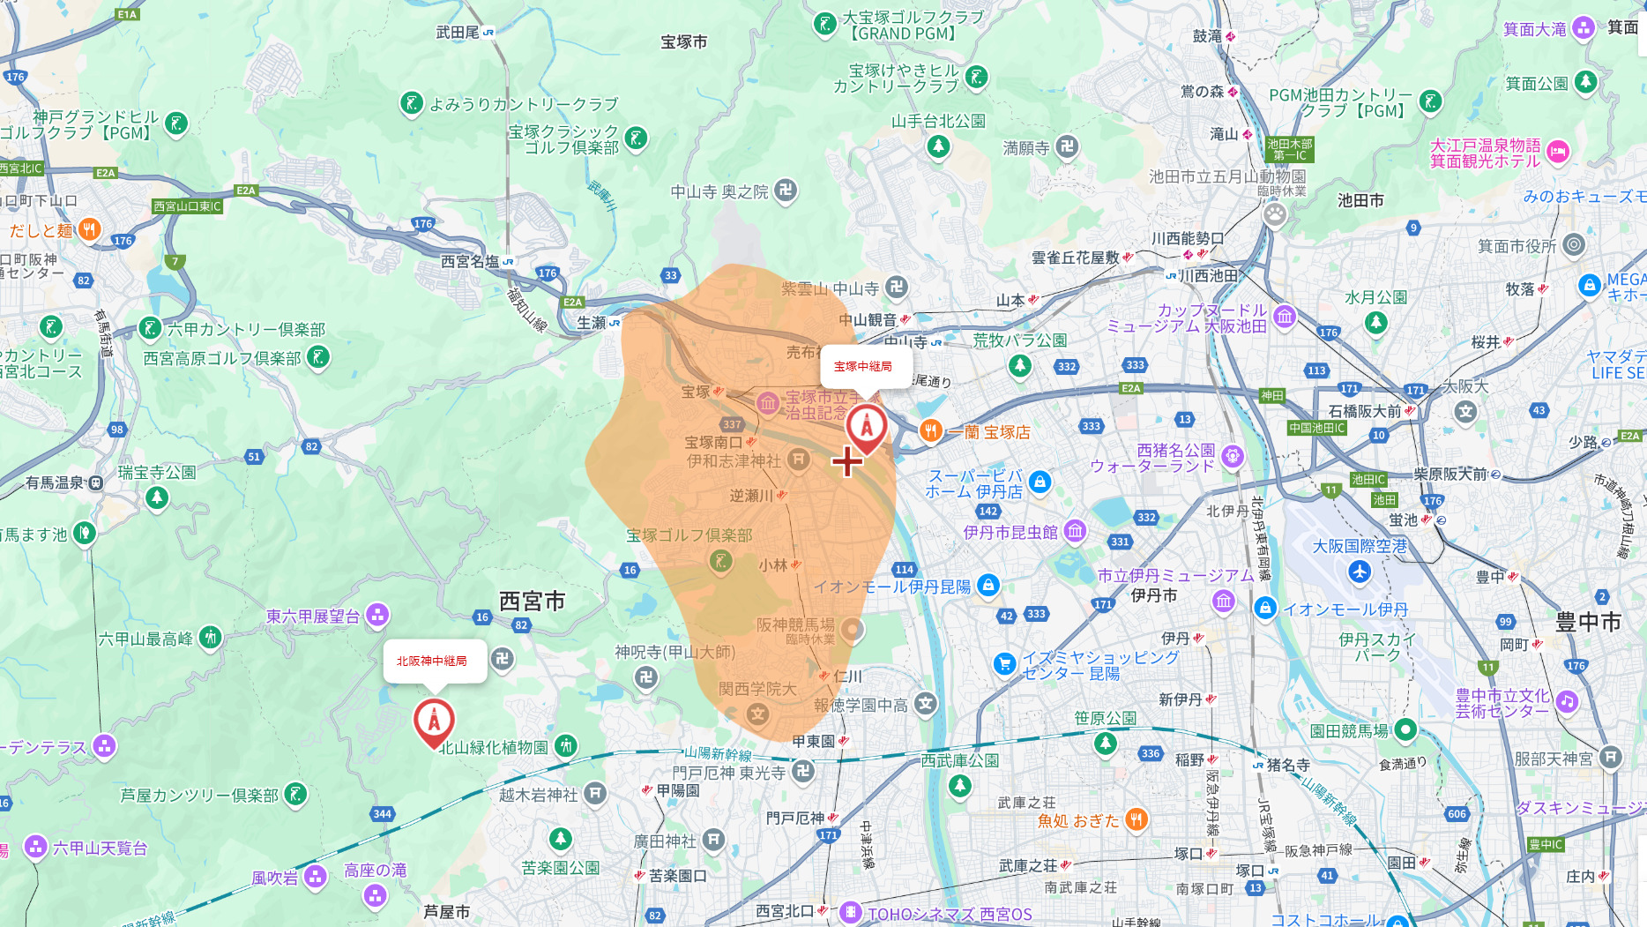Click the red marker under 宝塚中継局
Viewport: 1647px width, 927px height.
point(867,428)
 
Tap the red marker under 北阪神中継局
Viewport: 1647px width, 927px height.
point(434,721)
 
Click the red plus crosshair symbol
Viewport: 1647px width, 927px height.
point(847,461)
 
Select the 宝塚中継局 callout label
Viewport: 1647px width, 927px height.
point(863,366)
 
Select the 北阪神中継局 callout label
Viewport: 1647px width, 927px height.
point(432,661)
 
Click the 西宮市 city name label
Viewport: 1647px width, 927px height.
point(532,602)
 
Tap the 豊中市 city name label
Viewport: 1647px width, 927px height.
point(1588,622)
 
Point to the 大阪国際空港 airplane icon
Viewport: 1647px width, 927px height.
point(1360,572)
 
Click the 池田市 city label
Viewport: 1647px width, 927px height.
point(1360,201)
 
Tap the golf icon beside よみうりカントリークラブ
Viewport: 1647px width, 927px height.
point(412,103)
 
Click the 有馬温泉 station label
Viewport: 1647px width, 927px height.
point(55,482)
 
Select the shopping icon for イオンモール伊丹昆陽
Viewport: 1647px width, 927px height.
point(988,585)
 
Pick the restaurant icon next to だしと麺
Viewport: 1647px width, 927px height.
point(89,230)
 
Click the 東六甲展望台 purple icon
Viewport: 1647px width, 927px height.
point(377,615)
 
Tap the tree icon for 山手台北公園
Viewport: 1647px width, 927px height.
point(938,146)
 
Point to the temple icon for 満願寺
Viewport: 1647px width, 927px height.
point(1067,146)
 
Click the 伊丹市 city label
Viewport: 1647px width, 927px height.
point(1153,595)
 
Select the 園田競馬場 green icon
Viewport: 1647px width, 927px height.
point(1405,729)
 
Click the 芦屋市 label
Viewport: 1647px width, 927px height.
point(446,911)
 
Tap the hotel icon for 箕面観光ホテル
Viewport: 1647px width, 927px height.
point(1558,152)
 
